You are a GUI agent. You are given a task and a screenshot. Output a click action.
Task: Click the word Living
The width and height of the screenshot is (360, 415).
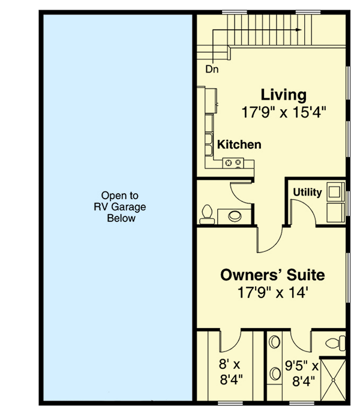click(283, 95)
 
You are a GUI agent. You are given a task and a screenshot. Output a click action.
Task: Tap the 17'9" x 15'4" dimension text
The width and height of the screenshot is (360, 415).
click(283, 112)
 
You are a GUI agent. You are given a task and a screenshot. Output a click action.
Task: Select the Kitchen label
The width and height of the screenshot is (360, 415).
click(239, 145)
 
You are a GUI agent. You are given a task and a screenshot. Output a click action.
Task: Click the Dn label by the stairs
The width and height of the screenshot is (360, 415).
click(212, 69)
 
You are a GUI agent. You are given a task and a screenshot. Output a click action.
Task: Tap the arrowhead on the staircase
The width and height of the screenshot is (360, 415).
click(297, 28)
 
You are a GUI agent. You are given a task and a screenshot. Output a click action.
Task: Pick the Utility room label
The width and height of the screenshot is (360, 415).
click(307, 193)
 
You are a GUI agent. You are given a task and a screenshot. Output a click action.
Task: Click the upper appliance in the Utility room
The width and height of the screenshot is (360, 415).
click(334, 192)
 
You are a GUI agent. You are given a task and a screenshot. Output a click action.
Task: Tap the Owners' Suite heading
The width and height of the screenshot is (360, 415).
click(272, 275)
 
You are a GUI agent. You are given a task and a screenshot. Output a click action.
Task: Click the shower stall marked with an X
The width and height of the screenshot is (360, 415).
click(332, 377)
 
